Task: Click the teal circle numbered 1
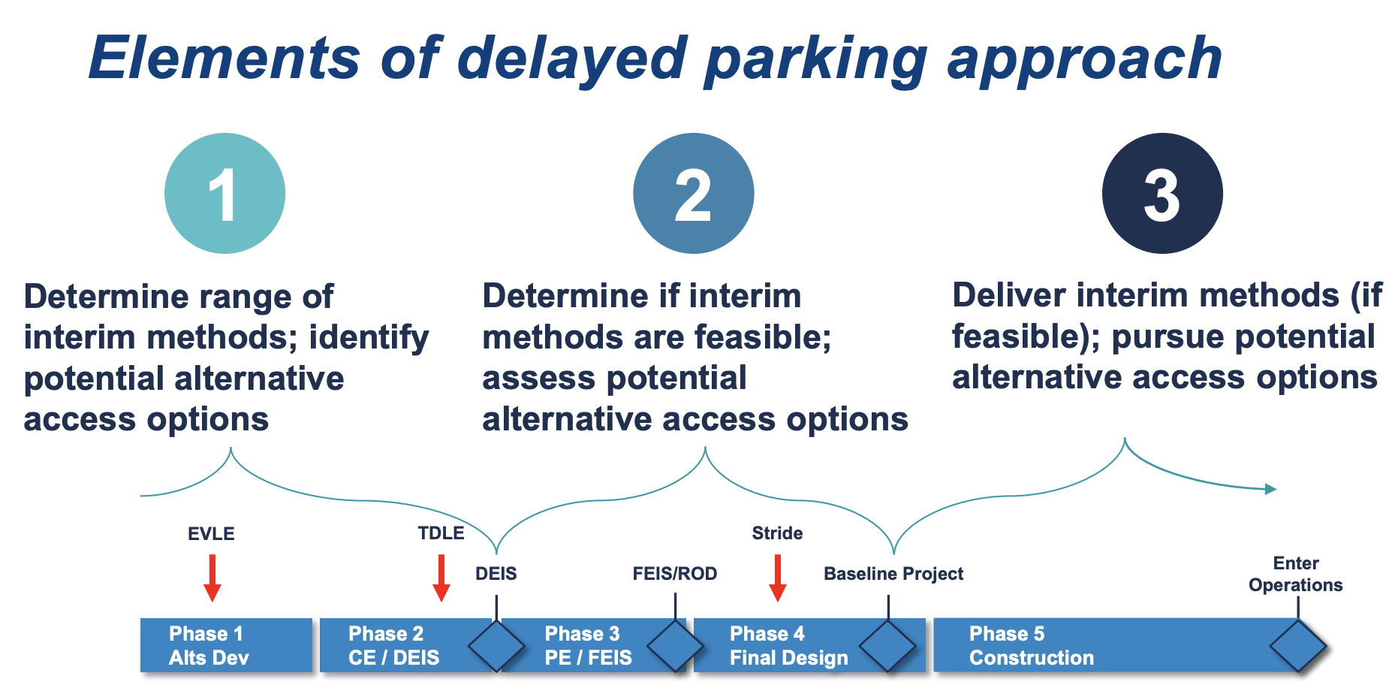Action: [x=224, y=194]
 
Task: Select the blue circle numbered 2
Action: [x=693, y=194]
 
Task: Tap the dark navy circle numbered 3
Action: [x=1161, y=194]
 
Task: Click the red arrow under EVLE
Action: [x=212, y=578]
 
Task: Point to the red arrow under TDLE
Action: [x=441, y=578]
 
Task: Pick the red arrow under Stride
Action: [x=778, y=578]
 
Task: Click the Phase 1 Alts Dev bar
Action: [x=225, y=645]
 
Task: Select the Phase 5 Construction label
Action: [x=1031, y=645]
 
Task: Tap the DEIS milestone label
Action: [x=496, y=574]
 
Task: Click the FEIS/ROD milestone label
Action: [x=674, y=574]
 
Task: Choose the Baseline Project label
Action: [x=893, y=574]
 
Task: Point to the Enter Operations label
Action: [x=1295, y=574]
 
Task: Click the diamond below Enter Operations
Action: [x=1297, y=645]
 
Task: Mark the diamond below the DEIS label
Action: [x=496, y=645]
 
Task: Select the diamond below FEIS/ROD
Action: [x=675, y=645]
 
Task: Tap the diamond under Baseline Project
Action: [x=887, y=645]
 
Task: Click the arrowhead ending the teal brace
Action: [x=1270, y=489]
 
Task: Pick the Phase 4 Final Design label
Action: [x=788, y=645]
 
